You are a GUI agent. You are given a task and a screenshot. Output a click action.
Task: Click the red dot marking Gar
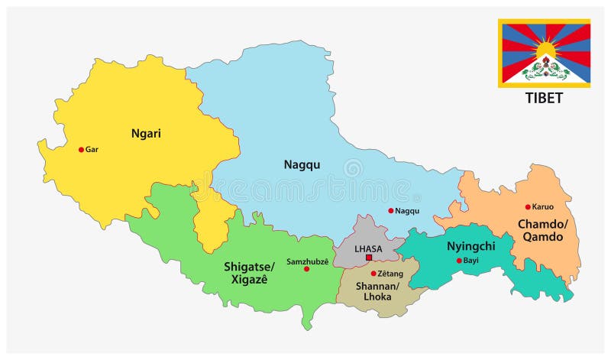click(81, 150)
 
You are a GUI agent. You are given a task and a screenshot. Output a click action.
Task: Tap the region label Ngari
click(144, 133)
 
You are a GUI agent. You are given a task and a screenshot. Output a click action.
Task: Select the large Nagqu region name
click(302, 164)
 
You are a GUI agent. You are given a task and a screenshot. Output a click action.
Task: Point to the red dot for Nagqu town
click(390, 211)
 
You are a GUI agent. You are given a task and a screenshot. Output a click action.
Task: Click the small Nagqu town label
click(408, 211)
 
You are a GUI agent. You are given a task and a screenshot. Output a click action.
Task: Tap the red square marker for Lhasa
click(368, 258)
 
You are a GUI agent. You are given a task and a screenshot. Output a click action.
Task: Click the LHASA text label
click(367, 248)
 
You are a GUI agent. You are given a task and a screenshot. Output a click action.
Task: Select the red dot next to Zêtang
click(373, 274)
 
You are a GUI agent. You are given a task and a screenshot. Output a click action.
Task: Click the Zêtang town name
click(390, 274)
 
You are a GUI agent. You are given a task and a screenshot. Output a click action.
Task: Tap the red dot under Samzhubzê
click(306, 269)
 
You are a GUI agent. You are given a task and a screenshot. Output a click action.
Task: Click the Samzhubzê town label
click(307, 261)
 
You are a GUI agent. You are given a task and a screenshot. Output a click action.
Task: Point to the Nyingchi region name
click(471, 246)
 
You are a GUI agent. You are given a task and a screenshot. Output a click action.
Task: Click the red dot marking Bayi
click(459, 261)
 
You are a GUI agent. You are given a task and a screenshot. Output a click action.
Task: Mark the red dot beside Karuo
click(527, 207)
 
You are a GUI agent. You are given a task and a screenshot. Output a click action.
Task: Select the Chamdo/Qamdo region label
click(540, 230)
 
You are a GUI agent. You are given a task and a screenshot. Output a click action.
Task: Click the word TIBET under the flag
click(544, 98)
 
